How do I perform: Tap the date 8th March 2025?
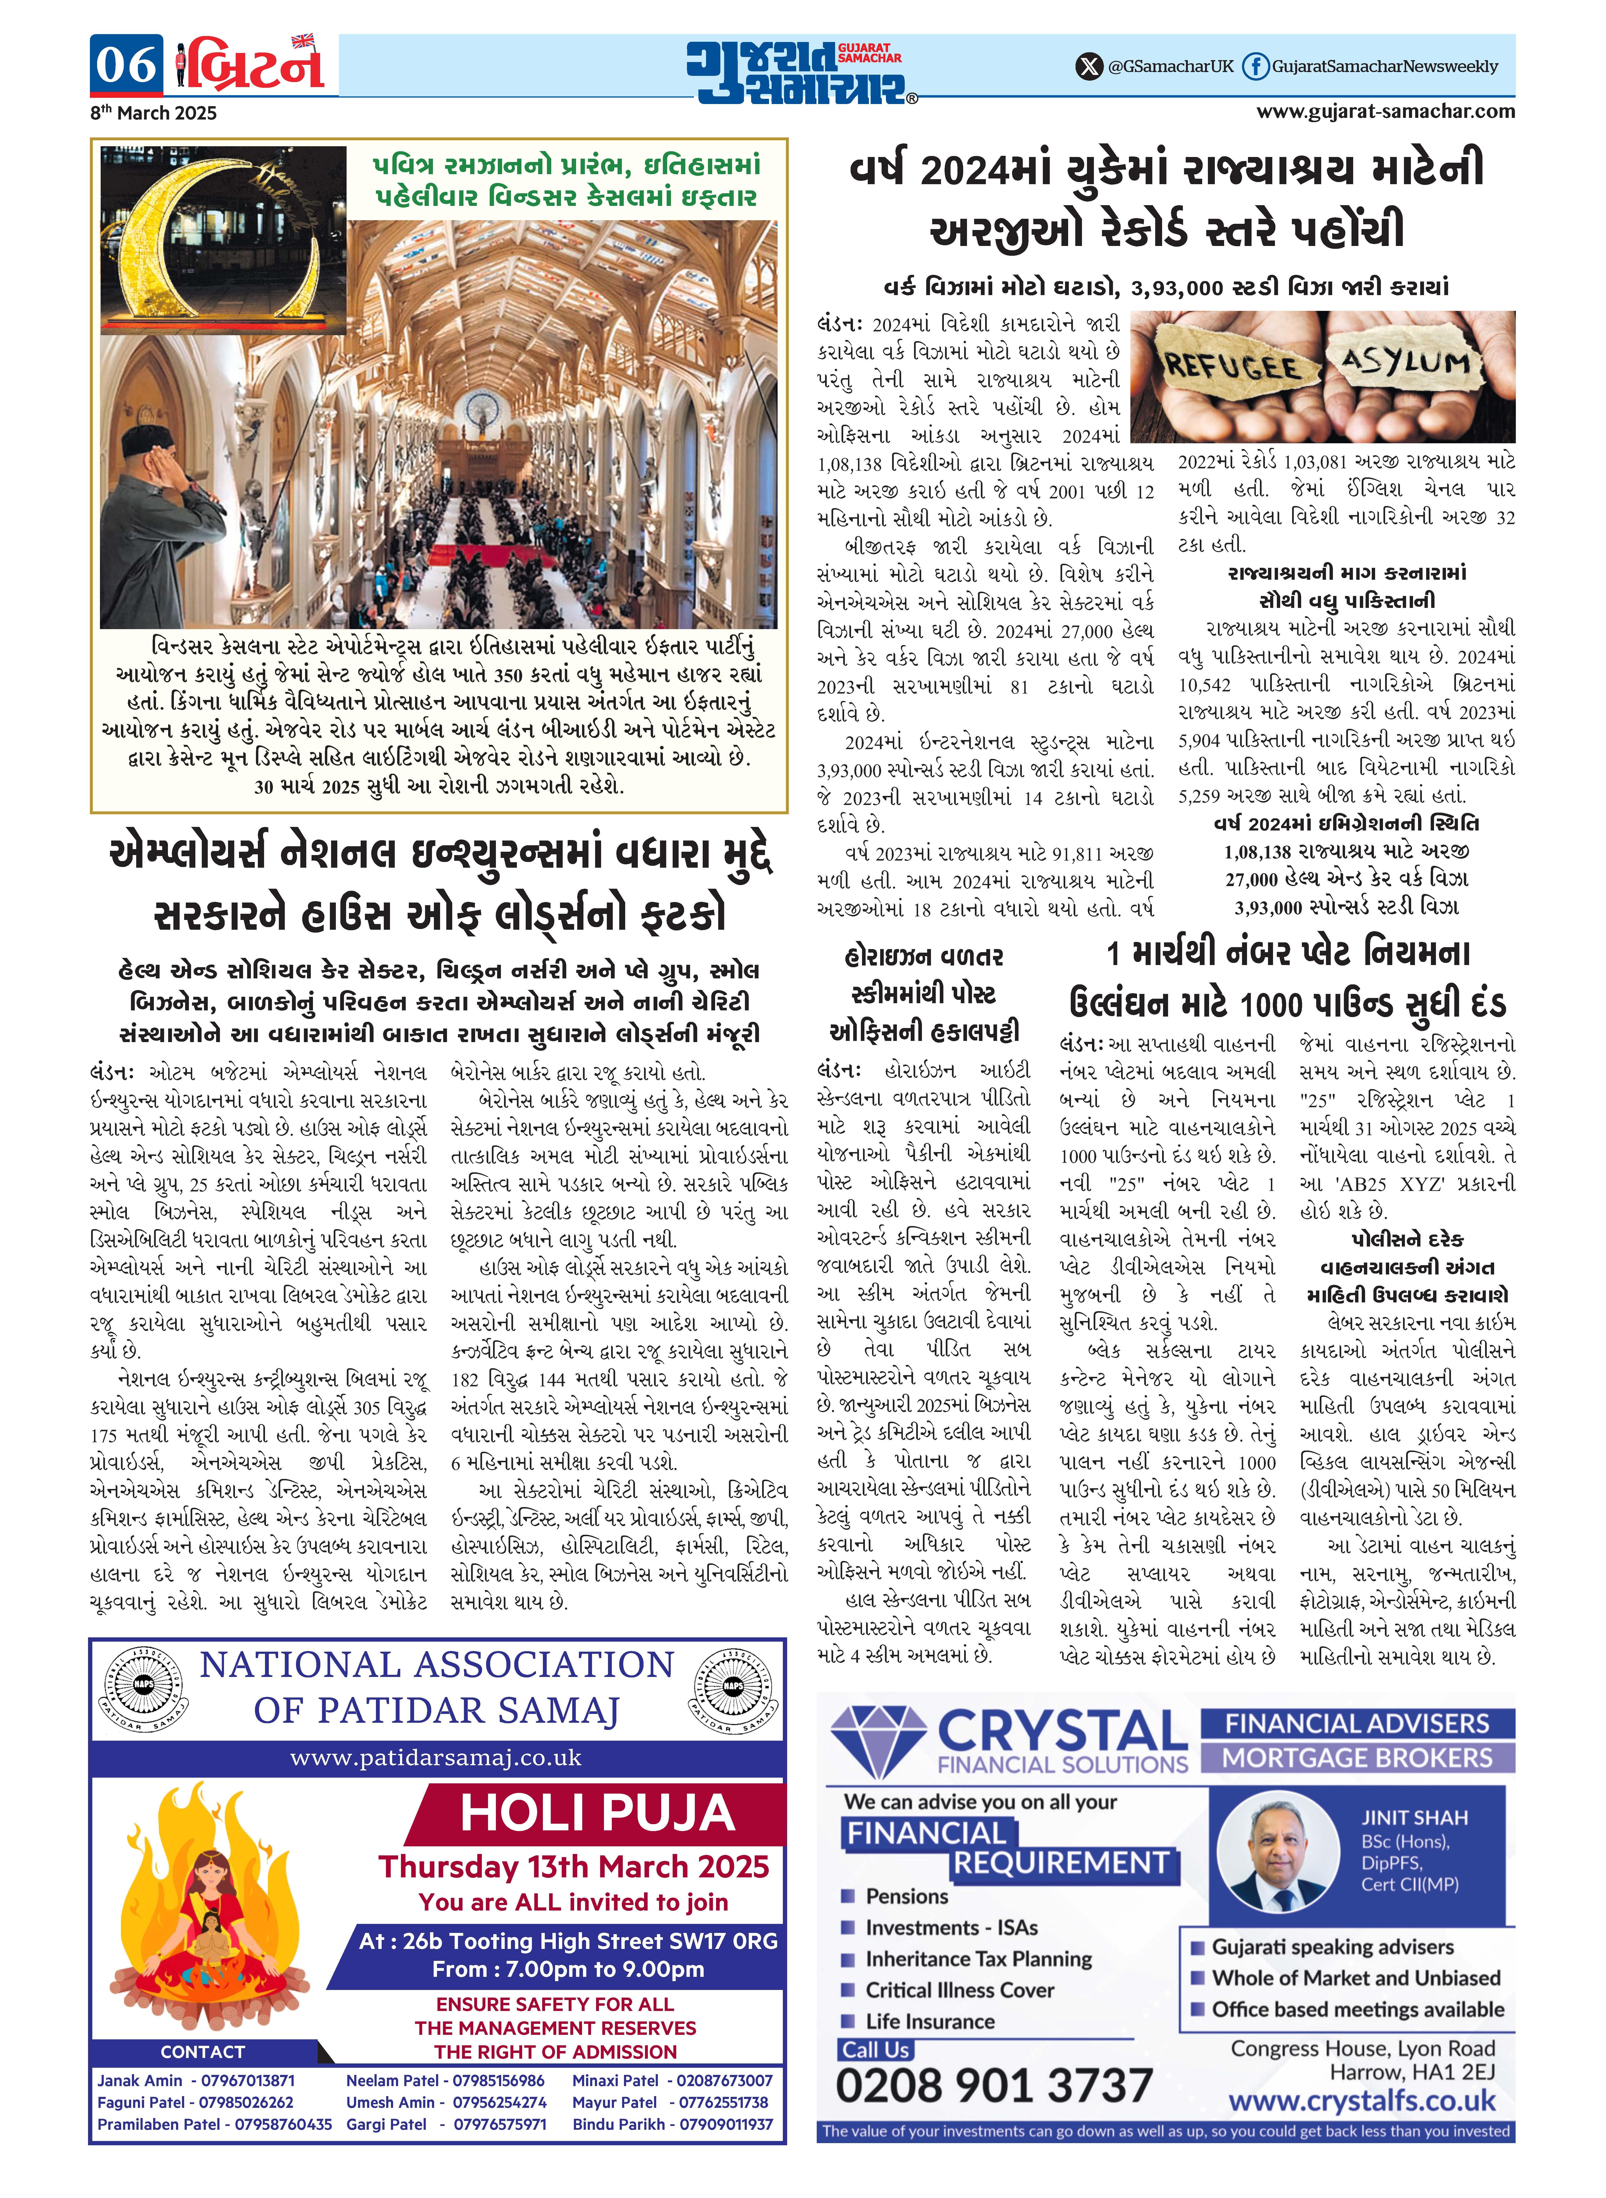(x=154, y=113)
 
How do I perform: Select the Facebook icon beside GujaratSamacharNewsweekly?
(x=1256, y=66)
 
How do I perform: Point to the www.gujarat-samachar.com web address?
(x=1385, y=111)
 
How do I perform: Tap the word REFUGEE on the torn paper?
(x=1233, y=366)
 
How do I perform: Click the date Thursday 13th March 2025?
(x=574, y=1867)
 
